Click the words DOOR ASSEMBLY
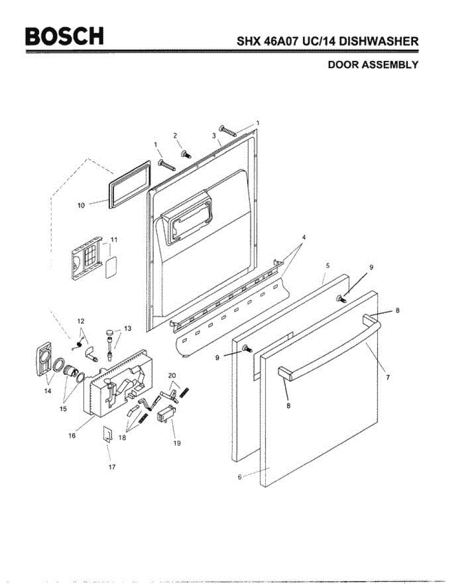click(x=373, y=65)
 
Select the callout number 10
click(x=81, y=205)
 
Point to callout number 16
click(x=72, y=436)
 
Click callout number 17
click(x=112, y=467)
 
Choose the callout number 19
click(x=177, y=443)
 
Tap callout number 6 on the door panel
click(x=239, y=477)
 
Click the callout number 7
click(x=388, y=377)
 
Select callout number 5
click(x=327, y=265)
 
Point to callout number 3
click(x=214, y=136)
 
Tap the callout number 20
click(x=172, y=375)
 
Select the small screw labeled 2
click(x=186, y=154)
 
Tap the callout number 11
click(x=114, y=239)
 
